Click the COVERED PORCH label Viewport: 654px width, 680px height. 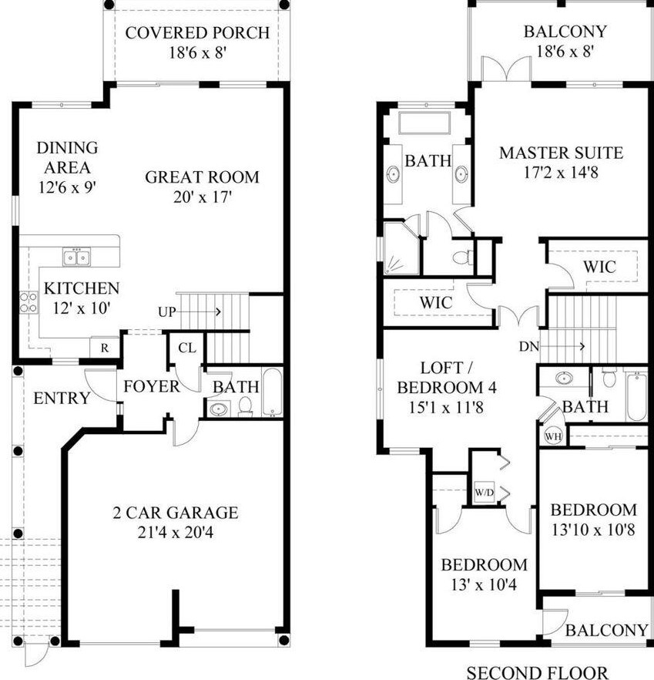[x=197, y=33]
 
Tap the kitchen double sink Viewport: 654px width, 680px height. [x=77, y=257]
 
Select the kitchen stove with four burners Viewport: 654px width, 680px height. [x=29, y=302]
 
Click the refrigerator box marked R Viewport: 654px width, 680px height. [x=105, y=348]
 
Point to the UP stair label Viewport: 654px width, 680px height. [x=167, y=311]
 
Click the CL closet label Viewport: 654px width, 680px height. [x=186, y=348]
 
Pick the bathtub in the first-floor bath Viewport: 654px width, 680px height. [x=273, y=392]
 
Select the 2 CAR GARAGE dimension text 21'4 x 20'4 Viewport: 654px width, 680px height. [x=176, y=532]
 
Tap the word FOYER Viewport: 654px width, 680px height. [x=151, y=386]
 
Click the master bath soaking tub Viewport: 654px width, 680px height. [x=424, y=123]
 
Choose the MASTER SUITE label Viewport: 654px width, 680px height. [x=562, y=153]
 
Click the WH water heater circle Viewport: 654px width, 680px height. [x=553, y=436]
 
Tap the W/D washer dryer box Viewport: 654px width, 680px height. [x=484, y=492]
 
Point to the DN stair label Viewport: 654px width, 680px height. [x=528, y=346]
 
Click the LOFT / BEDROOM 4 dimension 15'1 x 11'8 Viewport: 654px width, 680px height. [x=447, y=407]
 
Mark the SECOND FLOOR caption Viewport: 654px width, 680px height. [x=537, y=672]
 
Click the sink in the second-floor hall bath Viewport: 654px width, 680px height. [x=564, y=378]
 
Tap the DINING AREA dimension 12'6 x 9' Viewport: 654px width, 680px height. [x=67, y=187]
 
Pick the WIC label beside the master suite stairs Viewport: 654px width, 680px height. [x=599, y=267]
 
